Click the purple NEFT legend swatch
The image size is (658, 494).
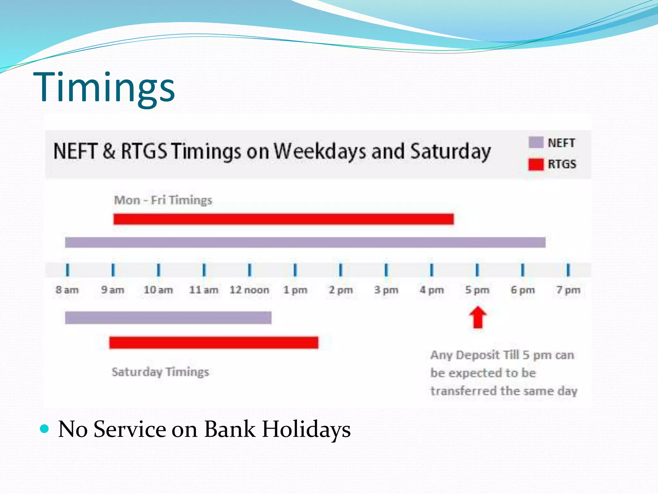(x=536, y=142)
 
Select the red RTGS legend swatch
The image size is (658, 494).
(x=536, y=164)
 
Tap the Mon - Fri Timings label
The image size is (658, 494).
(x=163, y=200)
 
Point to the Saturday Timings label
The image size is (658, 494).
(x=160, y=372)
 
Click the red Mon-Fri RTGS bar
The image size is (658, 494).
(x=283, y=219)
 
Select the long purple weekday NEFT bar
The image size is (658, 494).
(x=305, y=242)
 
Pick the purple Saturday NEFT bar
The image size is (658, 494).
(x=168, y=318)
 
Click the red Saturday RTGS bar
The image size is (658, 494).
(x=213, y=343)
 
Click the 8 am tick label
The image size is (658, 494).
(x=67, y=290)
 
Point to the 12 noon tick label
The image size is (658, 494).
(x=249, y=290)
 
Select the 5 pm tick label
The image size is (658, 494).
(x=477, y=290)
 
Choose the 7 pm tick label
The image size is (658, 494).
(x=568, y=290)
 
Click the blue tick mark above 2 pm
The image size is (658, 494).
(x=341, y=270)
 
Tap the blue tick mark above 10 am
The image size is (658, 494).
(x=158, y=270)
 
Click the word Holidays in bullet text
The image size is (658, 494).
(x=306, y=429)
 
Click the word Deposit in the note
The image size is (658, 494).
(x=478, y=355)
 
